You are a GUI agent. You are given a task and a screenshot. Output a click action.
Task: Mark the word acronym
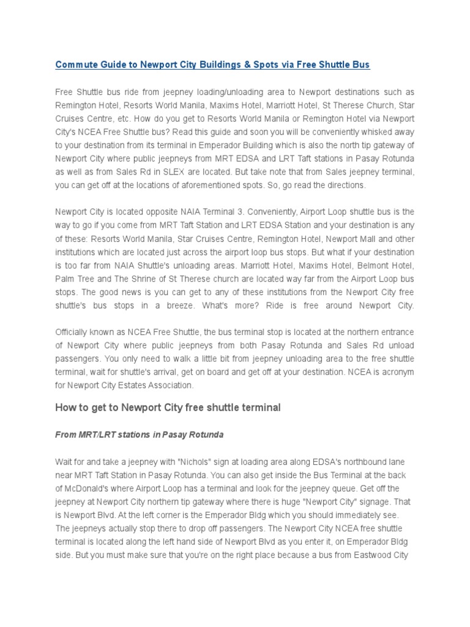398,372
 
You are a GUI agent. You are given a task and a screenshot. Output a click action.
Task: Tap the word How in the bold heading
66,408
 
